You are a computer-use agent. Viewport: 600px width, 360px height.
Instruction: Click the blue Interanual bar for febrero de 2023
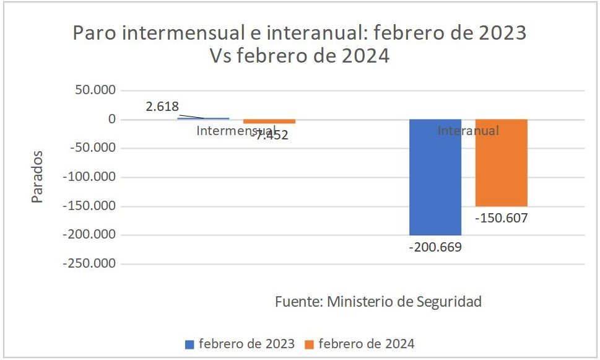click(x=435, y=177)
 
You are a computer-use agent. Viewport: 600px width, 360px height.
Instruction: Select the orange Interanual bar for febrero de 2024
click(x=501, y=163)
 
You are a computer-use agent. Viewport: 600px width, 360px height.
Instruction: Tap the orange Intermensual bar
click(x=269, y=121)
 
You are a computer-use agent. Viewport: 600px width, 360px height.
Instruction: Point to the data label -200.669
click(x=435, y=247)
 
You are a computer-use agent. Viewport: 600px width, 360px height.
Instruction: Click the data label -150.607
click(x=501, y=218)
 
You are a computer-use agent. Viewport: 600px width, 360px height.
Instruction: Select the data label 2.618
click(x=162, y=107)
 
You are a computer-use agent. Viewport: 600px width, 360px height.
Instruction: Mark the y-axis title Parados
click(x=37, y=177)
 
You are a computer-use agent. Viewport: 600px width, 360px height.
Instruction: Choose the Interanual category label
click(x=468, y=131)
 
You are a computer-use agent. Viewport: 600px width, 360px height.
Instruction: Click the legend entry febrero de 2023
click(x=246, y=343)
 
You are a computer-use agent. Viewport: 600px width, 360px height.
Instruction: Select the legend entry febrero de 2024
click(x=367, y=343)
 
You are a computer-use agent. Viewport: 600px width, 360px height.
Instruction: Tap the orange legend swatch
click(x=310, y=344)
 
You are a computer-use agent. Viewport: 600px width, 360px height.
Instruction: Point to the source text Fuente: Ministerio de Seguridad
click(x=378, y=302)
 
